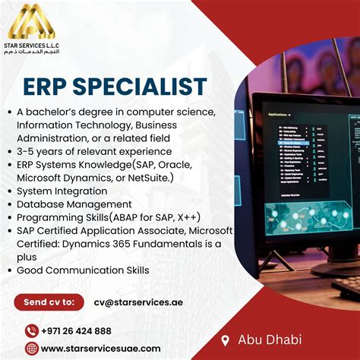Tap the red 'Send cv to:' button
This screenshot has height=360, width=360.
[x=50, y=302]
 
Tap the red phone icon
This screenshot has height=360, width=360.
[x=31, y=330]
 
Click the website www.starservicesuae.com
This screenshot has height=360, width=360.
[x=100, y=349]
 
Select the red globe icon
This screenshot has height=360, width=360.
[x=31, y=349]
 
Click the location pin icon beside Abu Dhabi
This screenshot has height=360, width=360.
[x=225, y=339]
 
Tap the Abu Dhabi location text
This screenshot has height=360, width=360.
[x=270, y=339]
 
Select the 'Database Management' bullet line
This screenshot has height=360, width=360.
[x=74, y=204]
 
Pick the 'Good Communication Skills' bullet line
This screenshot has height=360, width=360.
[x=83, y=270]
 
